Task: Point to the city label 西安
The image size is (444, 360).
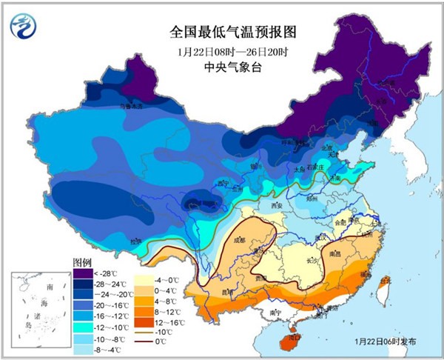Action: click(x=277, y=204)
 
